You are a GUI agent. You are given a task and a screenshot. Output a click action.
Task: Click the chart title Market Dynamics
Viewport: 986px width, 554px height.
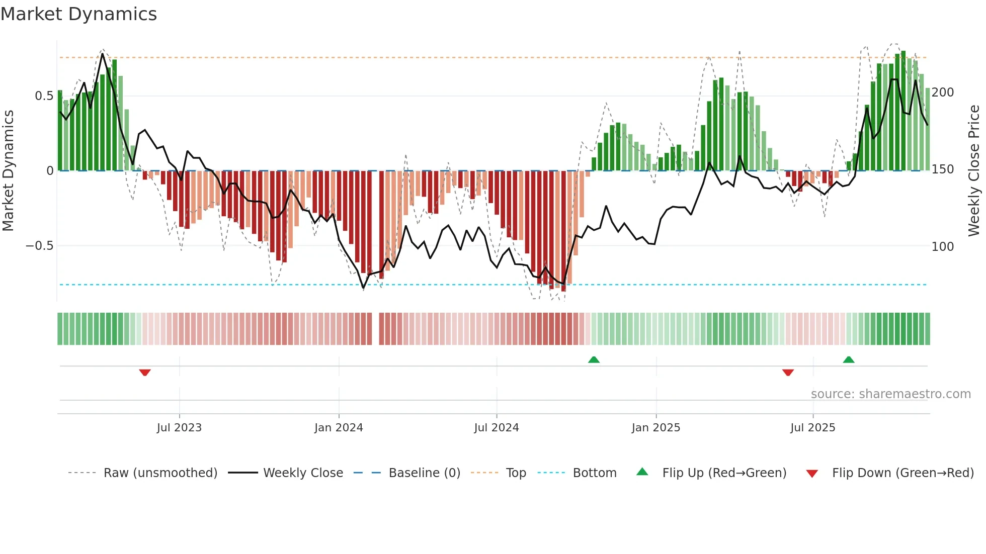point(78,14)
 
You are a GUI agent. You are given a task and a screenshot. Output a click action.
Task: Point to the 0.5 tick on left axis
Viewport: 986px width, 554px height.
point(44,96)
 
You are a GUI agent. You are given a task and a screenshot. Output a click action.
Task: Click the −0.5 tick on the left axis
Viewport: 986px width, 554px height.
point(39,246)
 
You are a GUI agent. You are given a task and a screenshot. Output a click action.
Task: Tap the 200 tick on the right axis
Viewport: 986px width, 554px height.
point(943,93)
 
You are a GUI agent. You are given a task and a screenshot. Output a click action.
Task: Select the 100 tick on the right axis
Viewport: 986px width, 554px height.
point(943,247)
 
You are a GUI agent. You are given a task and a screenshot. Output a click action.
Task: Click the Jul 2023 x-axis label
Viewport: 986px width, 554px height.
point(179,428)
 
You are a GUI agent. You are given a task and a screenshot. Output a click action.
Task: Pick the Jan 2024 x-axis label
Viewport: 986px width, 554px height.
point(339,428)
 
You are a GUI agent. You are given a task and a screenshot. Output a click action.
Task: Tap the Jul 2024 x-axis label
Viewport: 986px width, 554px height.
point(497,428)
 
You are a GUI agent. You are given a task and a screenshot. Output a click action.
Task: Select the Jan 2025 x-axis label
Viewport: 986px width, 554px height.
point(656,428)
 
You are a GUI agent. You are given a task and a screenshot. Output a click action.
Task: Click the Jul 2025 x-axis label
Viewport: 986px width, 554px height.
point(813,428)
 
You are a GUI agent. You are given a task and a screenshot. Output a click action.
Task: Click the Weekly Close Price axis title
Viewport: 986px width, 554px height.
point(974,171)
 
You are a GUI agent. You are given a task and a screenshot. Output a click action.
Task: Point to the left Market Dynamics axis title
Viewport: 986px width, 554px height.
point(8,171)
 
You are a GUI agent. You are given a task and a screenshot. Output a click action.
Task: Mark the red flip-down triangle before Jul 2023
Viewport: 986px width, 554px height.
point(145,373)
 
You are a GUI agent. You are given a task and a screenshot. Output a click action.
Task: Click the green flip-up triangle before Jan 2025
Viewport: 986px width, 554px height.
point(594,359)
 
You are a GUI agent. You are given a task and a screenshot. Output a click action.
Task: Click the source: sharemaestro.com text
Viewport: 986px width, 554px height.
point(890,394)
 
